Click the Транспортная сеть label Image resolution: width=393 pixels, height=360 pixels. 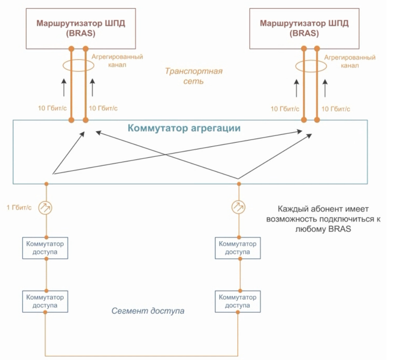pos(193,76)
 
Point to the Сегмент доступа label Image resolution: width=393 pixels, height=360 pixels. pos(148,311)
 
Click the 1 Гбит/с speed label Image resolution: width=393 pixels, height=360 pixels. pos(19,207)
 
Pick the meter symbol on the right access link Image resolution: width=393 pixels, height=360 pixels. pos(239,206)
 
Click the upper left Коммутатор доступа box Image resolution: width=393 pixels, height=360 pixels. pos(45,247)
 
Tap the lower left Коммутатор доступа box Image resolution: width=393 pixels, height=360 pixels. pos(45,301)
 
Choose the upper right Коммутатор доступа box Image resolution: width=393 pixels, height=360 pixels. pos(238,247)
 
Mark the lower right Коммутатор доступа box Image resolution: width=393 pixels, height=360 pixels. pos(238,301)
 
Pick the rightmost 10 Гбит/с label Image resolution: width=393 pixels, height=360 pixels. pos(335,109)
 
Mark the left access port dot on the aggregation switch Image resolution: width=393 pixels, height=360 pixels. pos(47,184)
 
